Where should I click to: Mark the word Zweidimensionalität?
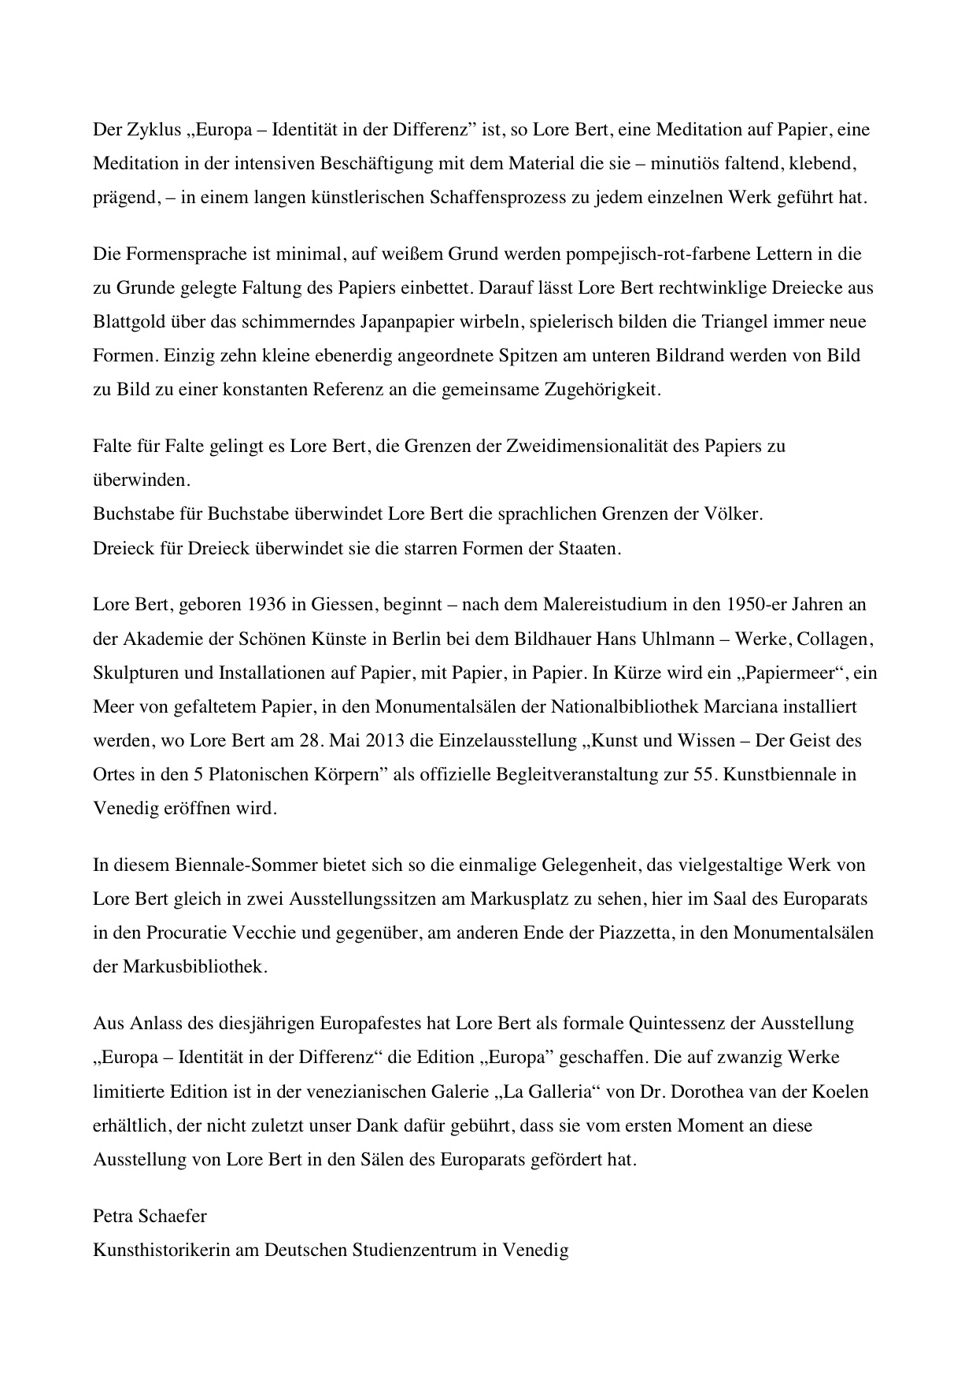click(620, 446)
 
